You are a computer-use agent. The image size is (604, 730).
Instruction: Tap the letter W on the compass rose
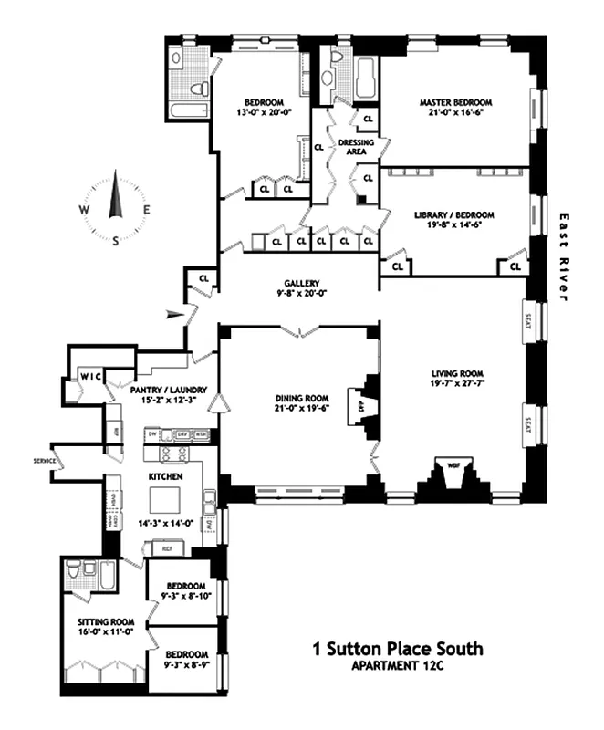[x=84, y=208]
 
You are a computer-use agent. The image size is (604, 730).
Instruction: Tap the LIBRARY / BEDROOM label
[x=453, y=215]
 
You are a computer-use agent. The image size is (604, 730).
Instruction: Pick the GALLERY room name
[x=300, y=283]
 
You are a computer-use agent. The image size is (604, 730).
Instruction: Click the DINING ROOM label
[x=300, y=398]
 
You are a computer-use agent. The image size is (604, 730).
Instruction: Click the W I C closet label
[x=89, y=376]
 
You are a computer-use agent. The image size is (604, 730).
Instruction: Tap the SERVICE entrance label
[x=43, y=461]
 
